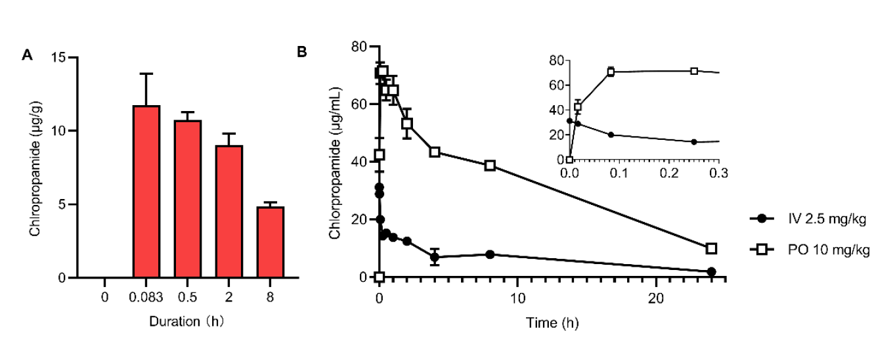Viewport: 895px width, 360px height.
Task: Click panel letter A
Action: coord(27,55)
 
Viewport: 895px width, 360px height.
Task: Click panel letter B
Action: coord(302,51)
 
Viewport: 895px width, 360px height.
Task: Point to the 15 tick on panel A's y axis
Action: coord(62,58)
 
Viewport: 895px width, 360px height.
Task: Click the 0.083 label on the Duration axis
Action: coord(146,297)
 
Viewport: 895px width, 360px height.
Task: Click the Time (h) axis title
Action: coord(552,323)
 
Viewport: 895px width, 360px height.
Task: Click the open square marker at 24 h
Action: coord(711,248)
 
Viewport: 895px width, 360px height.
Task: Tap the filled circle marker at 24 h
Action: coord(711,271)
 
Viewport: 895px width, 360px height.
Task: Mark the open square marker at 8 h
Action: coord(490,166)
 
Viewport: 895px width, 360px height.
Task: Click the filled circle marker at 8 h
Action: coord(490,254)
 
